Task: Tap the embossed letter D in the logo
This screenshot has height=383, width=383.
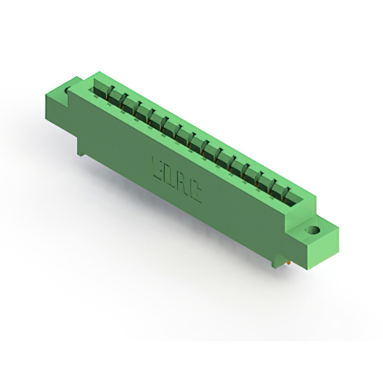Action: coord(169,176)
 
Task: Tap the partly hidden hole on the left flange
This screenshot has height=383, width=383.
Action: coord(66,90)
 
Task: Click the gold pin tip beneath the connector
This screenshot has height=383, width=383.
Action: coord(288,263)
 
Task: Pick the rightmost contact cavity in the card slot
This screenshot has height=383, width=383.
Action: coord(294,199)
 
